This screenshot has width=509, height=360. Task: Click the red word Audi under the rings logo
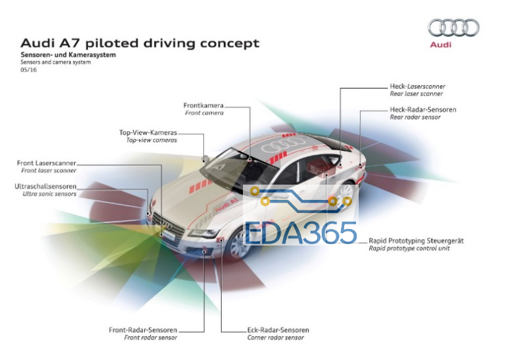click(441, 44)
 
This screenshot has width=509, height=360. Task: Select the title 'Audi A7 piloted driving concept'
click(140, 43)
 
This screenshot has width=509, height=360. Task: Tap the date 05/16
click(28, 69)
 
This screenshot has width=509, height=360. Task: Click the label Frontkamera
click(204, 105)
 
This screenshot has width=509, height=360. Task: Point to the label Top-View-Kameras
click(148, 132)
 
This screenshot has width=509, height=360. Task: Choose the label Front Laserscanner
click(46, 163)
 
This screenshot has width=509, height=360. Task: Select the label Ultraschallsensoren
click(46, 187)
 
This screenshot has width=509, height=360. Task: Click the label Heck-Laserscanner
click(418, 86)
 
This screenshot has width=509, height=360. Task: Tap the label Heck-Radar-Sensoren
click(423, 110)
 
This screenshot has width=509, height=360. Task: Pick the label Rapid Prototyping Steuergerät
click(416, 241)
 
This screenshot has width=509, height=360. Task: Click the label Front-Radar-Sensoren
click(143, 330)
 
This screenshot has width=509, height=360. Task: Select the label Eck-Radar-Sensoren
click(278, 330)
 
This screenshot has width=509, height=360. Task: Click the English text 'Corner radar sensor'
click(275, 337)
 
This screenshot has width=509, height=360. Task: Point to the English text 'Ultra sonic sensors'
click(50, 194)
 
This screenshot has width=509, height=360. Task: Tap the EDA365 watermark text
click(301, 233)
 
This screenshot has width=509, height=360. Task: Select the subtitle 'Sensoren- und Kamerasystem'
click(68, 55)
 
